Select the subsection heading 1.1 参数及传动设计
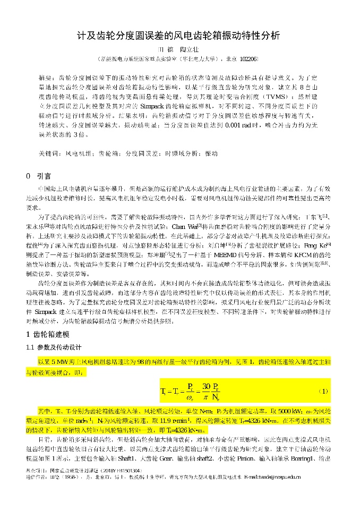point(57,347)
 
